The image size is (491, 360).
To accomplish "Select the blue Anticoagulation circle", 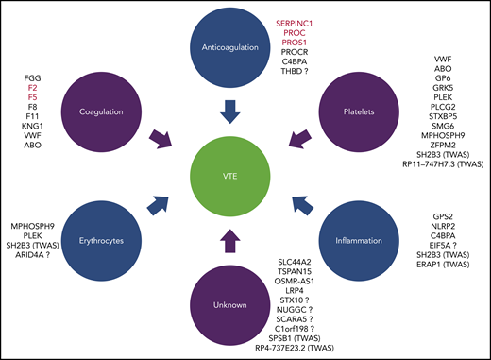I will [245, 45].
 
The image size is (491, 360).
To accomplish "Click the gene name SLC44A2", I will [327, 262].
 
